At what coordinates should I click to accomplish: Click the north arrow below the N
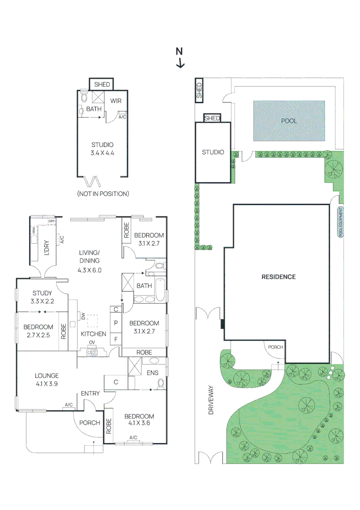click(180, 63)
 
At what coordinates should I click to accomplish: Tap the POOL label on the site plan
click(289, 121)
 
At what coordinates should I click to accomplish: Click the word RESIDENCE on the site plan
click(278, 277)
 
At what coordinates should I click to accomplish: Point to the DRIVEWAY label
click(211, 400)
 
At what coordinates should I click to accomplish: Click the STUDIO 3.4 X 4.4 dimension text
click(103, 149)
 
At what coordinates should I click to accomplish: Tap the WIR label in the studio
click(116, 101)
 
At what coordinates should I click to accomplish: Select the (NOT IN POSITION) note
click(103, 194)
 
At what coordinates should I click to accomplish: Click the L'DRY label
click(46, 248)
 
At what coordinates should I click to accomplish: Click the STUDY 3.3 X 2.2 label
click(42, 297)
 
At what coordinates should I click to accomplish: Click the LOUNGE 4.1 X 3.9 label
click(46, 380)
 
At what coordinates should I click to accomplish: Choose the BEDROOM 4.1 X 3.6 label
click(139, 420)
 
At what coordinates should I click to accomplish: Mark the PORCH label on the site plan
click(276, 347)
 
